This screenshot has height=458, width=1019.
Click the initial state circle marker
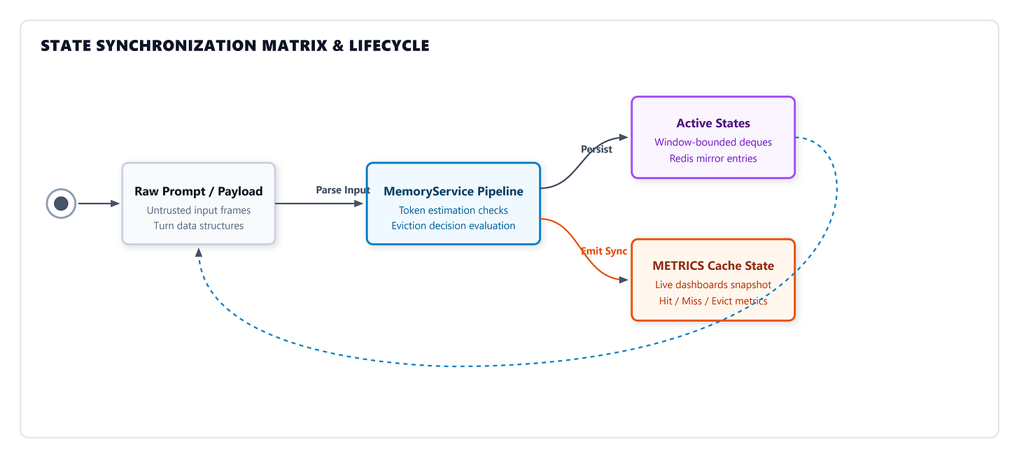[61, 203]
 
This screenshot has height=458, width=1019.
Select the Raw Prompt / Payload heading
[198, 192]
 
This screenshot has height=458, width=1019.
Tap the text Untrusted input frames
[198, 210]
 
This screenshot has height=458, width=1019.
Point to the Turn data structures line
[198, 226]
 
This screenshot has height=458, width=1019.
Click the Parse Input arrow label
[343, 190]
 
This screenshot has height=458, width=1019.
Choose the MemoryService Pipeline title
[453, 192]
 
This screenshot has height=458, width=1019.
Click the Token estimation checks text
[453, 210]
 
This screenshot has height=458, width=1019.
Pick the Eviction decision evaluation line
[453, 226]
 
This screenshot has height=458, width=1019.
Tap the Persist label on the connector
[596, 149]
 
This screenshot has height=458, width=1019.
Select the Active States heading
[713, 123]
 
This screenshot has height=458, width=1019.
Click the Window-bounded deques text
[713, 142]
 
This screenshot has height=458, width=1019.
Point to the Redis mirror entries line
[713, 159]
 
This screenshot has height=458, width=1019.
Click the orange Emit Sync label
[604, 251]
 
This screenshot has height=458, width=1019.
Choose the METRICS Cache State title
[713, 266]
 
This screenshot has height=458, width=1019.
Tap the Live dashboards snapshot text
[713, 285]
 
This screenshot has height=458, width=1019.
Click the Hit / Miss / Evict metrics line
[713, 301]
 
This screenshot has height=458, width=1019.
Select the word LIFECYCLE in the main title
[389, 45]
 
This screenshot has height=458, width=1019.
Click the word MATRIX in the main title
[295, 45]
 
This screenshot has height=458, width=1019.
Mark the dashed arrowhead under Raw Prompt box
[199, 252]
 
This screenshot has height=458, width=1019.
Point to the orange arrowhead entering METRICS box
[624, 280]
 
